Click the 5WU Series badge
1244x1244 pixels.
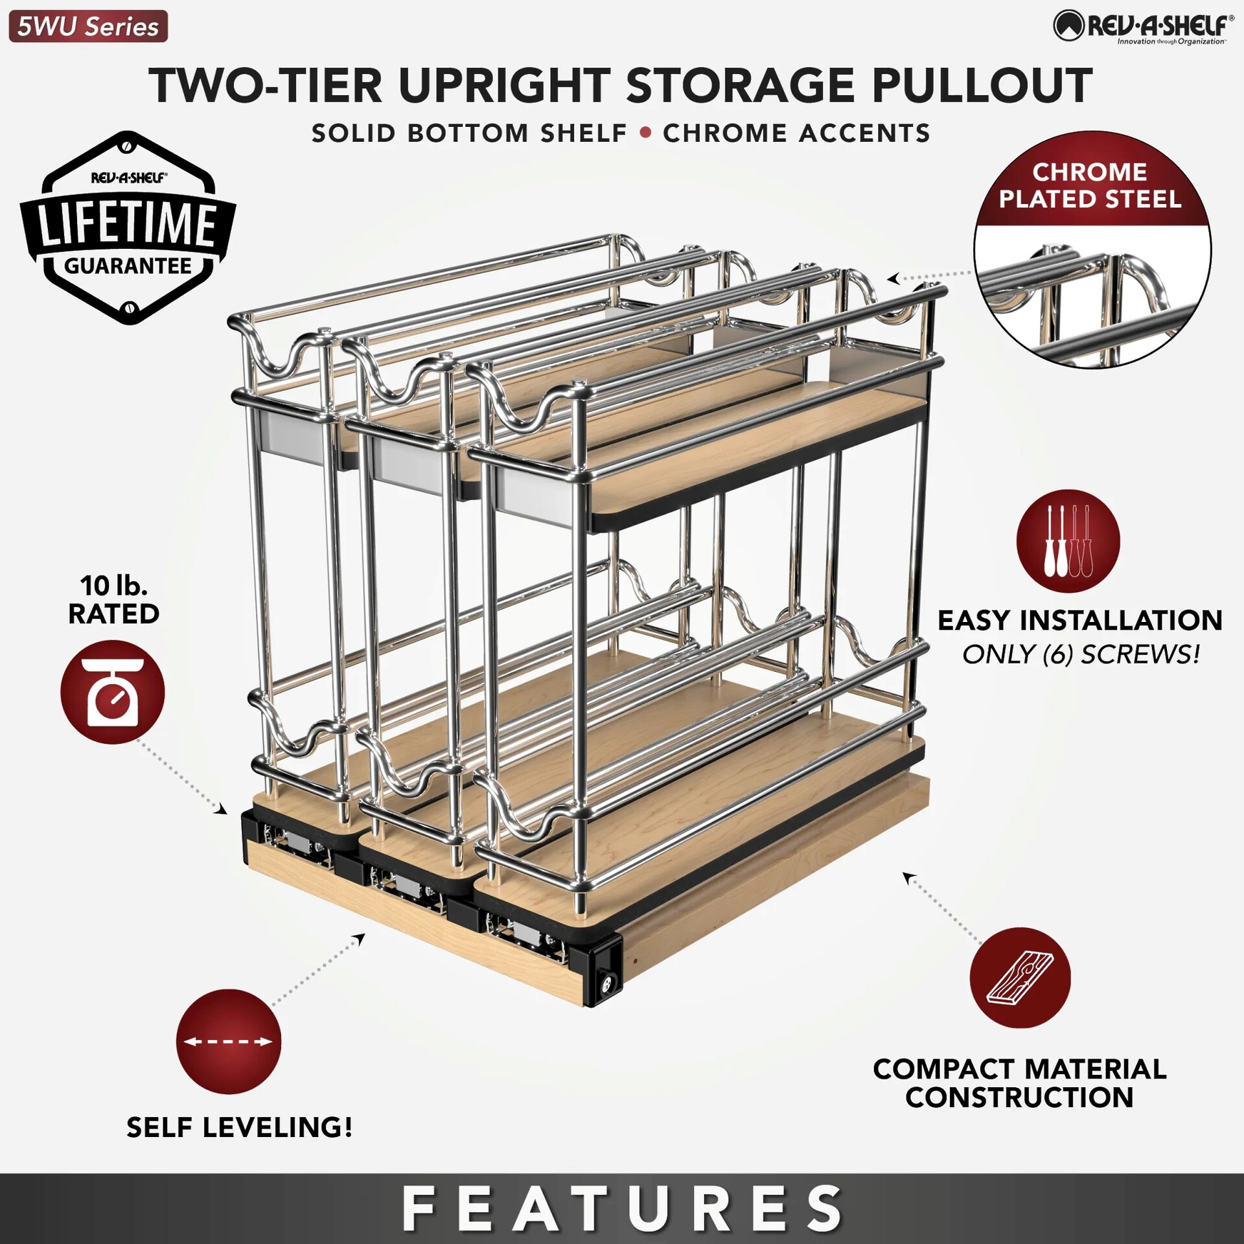coord(88,27)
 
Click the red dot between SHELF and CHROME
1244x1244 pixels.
coord(645,133)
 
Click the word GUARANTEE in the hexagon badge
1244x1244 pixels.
coord(128,266)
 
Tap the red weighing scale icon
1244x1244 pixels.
coord(113,691)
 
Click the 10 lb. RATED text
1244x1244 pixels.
coord(114,599)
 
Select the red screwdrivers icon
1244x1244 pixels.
coord(1068,541)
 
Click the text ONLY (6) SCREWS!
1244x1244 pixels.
coord(1081,654)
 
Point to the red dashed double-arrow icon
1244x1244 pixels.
coord(229,1041)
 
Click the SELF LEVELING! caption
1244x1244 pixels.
coord(240,1128)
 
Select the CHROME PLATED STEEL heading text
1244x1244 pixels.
coord(1090,186)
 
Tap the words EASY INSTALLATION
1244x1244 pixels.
coord(1080,621)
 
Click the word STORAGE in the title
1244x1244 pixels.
coord(740,86)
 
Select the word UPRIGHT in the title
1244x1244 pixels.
coord(504,86)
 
